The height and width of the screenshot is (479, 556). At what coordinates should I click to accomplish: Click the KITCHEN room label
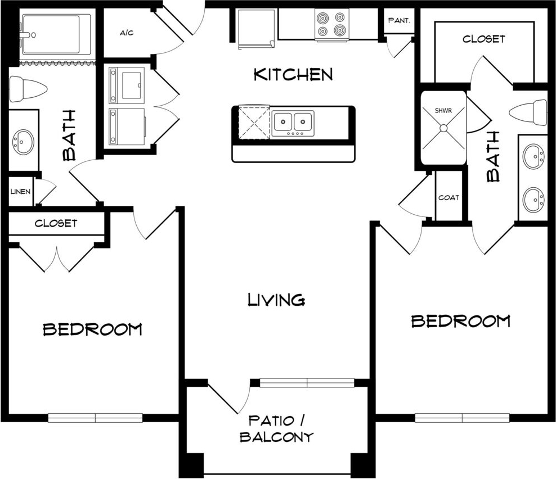[294, 74]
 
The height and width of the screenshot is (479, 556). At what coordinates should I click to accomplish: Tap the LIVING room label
[276, 300]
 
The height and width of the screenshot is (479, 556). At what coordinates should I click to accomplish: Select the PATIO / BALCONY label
[276, 429]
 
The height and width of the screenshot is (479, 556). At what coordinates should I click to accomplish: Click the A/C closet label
[127, 33]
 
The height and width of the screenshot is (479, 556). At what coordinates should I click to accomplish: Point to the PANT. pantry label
[399, 21]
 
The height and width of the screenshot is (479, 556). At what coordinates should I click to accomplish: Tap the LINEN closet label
[20, 192]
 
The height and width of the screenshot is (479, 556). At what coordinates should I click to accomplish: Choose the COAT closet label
[449, 198]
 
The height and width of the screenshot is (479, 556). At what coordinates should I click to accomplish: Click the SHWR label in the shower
[443, 111]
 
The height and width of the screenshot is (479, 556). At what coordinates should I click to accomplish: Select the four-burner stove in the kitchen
[331, 24]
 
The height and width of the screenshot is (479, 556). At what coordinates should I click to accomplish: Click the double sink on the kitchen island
[293, 123]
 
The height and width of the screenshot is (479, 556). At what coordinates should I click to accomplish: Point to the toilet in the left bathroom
[28, 89]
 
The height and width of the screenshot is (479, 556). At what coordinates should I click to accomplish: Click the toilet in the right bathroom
[528, 112]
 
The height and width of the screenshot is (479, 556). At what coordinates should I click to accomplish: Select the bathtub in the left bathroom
[56, 35]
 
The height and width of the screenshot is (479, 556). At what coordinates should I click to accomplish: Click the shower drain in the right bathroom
[443, 128]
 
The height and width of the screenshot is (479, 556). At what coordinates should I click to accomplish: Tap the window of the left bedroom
[95, 418]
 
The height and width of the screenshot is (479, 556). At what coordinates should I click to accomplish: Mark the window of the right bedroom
[462, 418]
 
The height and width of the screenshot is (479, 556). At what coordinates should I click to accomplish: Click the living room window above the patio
[307, 383]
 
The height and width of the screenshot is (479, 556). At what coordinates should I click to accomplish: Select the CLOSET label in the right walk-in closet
[483, 39]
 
